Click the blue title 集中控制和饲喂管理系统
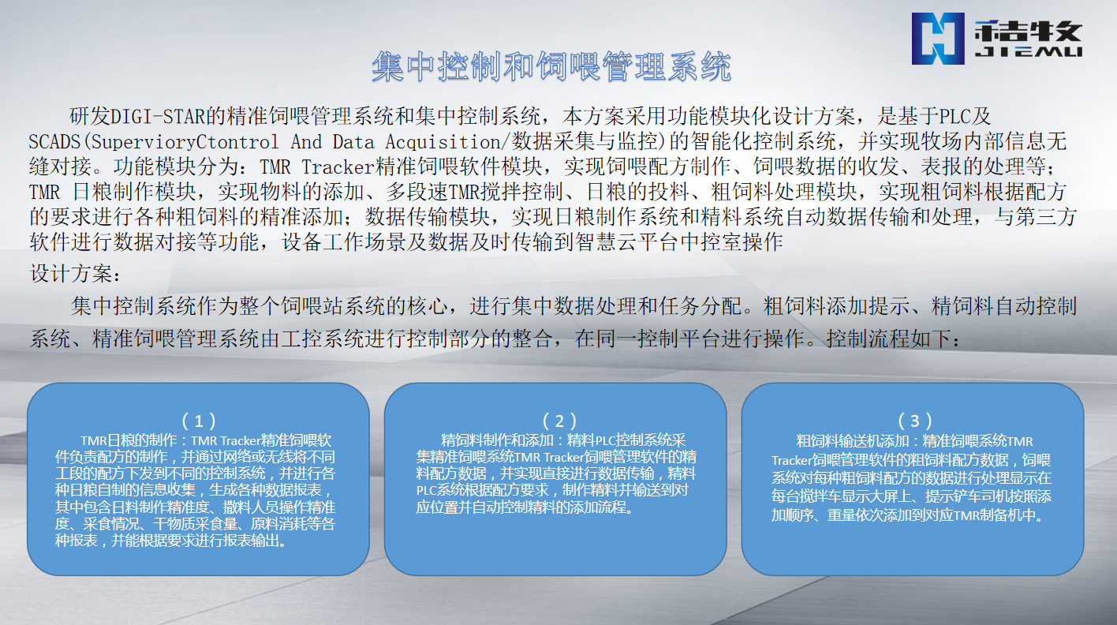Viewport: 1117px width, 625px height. tap(551, 66)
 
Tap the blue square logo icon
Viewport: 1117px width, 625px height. tap(938, 39)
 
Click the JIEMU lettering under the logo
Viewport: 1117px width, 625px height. tap(1028, 52)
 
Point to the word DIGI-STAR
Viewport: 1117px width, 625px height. tap(158, 117)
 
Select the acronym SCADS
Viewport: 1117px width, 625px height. tap(55, 142)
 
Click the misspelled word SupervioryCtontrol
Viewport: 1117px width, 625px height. tap(185, 142)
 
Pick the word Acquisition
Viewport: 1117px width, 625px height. tap(443, 142)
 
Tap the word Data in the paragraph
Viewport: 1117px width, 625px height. tap(353, 142)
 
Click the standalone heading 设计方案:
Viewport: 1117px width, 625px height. tap(75, 273)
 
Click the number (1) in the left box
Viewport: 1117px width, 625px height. tap(199, 421)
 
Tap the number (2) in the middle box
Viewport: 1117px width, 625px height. tap(559, 421)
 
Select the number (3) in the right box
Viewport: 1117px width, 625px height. tap(914, 421)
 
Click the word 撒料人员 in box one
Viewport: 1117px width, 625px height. tap(250, 507)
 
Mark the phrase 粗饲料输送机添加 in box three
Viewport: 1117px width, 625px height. tap(852, 441)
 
